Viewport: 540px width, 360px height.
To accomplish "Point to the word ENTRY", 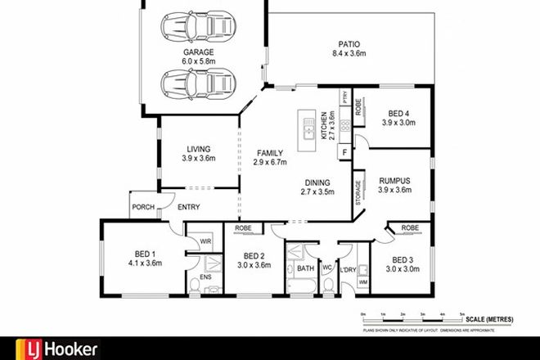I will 188,207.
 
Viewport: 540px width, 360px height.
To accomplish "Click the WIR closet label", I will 205,242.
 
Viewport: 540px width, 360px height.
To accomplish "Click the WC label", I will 326,267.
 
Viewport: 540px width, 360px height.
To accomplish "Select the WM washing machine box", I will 362,283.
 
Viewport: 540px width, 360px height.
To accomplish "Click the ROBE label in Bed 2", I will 243,228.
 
